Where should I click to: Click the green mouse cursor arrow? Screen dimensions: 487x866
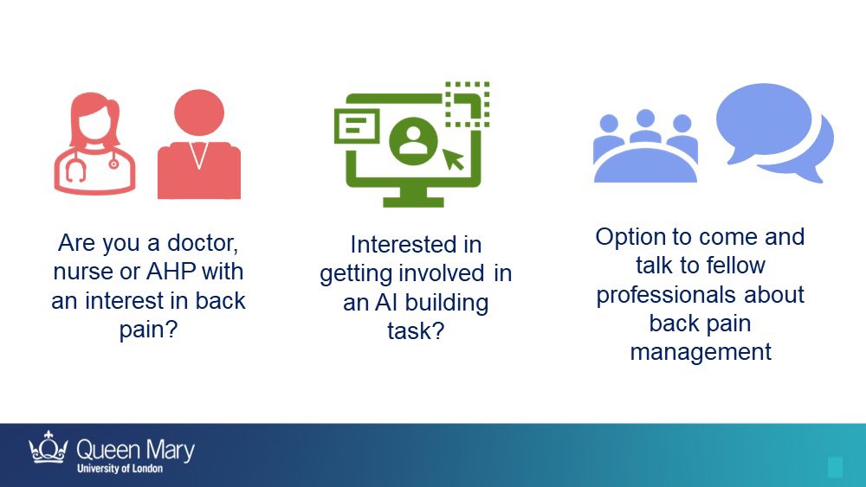pos(453,158)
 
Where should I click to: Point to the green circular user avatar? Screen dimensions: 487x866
pos(410,140)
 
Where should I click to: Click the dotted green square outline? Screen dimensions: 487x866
pos(467,104)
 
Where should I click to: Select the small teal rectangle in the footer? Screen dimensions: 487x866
pos(835,468)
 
